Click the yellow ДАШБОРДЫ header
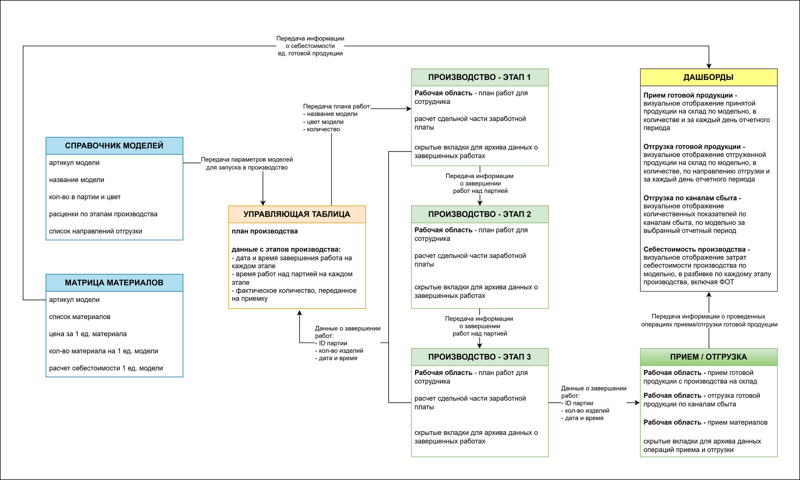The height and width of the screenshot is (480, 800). (709, 77)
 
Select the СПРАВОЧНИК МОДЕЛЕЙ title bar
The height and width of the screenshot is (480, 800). (114, 146)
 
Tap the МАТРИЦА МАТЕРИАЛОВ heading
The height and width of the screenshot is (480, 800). (114, 283)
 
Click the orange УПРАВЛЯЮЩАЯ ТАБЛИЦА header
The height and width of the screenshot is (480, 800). (297, 214)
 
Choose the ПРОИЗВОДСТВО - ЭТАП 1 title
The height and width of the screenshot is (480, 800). (480, 77)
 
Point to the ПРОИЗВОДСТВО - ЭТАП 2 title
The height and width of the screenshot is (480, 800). (480, 214)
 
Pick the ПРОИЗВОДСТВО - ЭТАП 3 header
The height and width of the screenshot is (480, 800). (480, 357)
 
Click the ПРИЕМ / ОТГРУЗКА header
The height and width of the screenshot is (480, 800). (709, 357)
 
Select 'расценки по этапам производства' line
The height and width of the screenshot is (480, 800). (103, 214)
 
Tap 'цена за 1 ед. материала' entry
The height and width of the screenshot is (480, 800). (88, 334)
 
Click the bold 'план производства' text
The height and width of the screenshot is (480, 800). (265, 231)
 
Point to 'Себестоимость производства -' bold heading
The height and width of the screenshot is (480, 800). (697, 249)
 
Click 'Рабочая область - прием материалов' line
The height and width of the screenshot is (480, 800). (705, 422)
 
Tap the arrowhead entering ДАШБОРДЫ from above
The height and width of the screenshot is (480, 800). (709, 66)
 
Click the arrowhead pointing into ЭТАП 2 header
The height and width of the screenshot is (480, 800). (480, 203)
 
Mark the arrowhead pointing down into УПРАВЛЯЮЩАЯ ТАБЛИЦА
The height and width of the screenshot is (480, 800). (263, 203)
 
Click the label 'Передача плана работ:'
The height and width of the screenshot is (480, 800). (337, 106)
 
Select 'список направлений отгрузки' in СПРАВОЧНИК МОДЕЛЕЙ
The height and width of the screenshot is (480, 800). (96, 231)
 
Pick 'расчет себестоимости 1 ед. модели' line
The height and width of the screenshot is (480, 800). (106, 368)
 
